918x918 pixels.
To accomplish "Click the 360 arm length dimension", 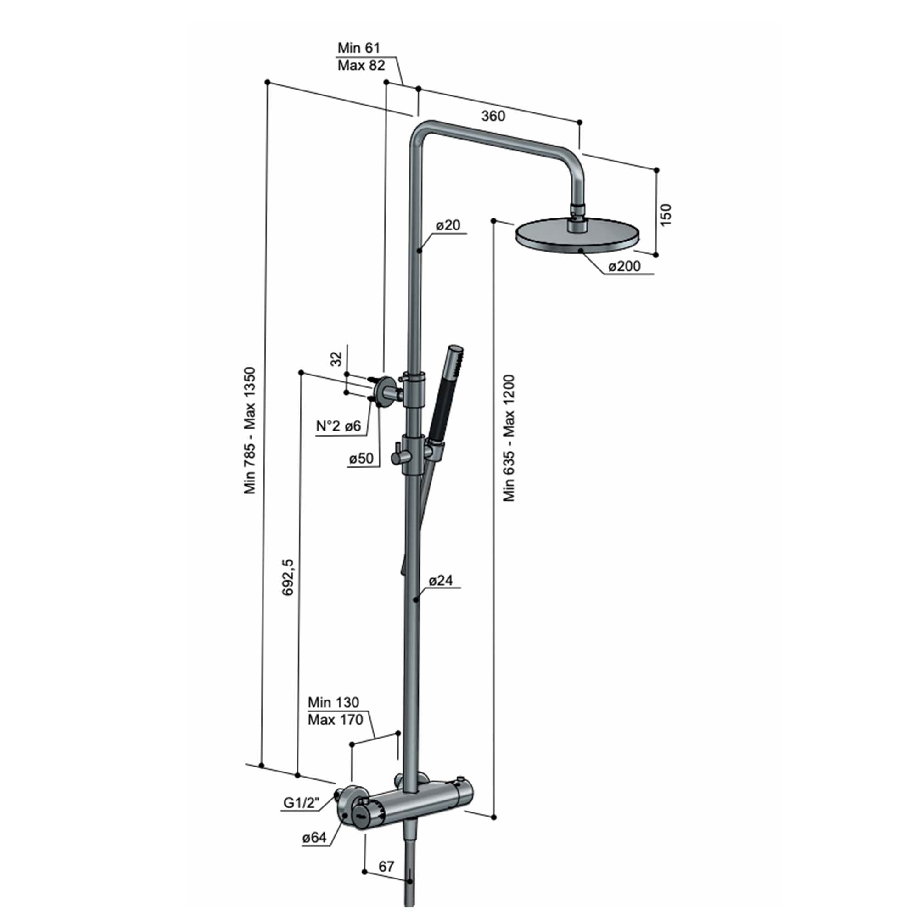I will click(x=493, y=116).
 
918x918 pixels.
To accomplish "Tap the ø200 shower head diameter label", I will click(x=624, y=266).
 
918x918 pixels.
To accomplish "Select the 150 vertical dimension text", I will click(x=666, y=214).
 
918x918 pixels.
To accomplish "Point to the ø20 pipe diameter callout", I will click(x=448, y=225).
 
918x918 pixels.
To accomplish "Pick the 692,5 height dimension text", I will click(x=288, y=577).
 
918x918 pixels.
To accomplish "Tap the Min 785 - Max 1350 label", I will click(x=250, y=431).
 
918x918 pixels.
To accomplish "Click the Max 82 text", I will click(x=361, y=66).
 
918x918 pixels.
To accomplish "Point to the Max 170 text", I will click(x=335, y=720).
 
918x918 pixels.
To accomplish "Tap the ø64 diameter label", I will click(x=314, y=838).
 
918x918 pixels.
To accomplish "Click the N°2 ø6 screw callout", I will click(x=339, y=426).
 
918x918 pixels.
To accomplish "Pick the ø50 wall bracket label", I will click(x=361, y=459).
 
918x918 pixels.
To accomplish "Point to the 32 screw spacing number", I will click(x=336, y=359).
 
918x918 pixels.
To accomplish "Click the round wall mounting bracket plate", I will click(x=384, y=392).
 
